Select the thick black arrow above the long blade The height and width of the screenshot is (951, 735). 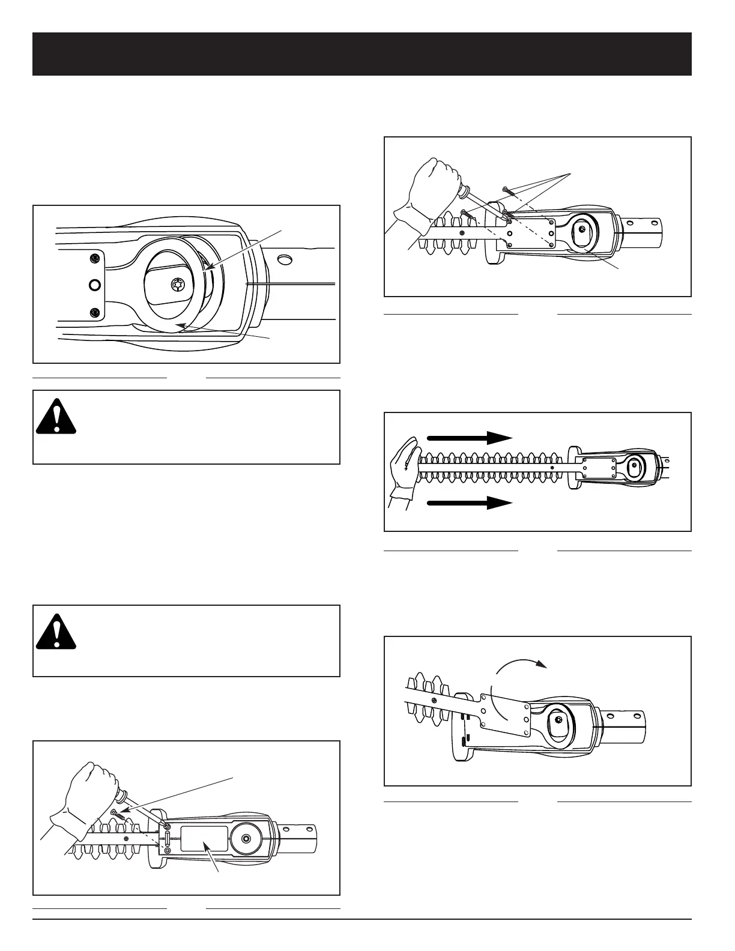point(469,438)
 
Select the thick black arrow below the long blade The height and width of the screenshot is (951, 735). point(469,503)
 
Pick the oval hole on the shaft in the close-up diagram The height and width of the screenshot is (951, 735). point(285,259)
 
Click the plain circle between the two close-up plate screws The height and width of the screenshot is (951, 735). point(94,284)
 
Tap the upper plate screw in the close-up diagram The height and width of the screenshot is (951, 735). point(94,259)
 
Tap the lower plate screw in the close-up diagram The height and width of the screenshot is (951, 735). point(94,312)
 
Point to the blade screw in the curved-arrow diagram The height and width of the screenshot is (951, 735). point(434,700)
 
